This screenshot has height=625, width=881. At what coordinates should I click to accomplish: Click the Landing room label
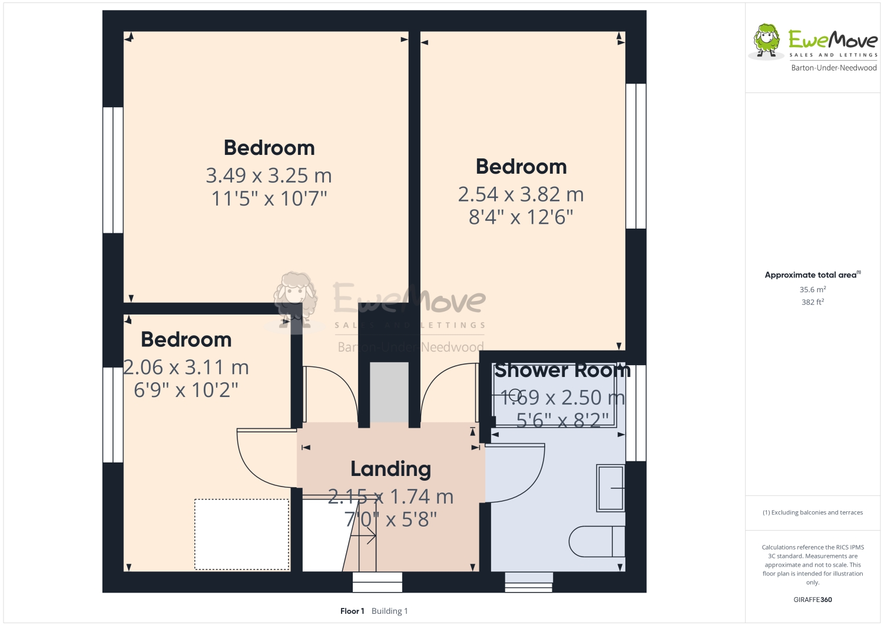(390, 469)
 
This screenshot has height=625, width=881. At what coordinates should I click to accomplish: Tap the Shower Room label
(562, 371)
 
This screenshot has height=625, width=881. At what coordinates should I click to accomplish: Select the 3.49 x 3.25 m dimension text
(269, 176)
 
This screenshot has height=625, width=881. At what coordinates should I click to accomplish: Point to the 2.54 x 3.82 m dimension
(521, 194)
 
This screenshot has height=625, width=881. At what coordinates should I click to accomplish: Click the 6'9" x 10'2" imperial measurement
(186, 390)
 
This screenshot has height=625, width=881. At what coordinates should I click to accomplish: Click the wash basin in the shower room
(611, 488)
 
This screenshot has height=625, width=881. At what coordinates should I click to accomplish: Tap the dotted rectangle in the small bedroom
(241, 534)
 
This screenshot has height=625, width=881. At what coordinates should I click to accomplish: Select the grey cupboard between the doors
(389, 392)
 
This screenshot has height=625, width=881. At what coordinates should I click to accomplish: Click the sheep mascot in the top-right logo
(766, 41)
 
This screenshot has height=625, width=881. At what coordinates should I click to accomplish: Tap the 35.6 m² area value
(812, 289)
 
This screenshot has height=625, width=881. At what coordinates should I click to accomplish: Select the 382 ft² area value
(812, 302)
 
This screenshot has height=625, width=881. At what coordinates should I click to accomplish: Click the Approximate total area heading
(812, 275)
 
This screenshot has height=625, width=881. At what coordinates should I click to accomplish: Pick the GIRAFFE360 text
(812, 600)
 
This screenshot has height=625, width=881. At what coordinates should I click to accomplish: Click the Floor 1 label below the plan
(352, 611)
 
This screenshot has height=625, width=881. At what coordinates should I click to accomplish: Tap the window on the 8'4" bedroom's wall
(635, 156)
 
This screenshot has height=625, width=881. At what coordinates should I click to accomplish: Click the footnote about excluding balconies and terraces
(812, 512)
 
